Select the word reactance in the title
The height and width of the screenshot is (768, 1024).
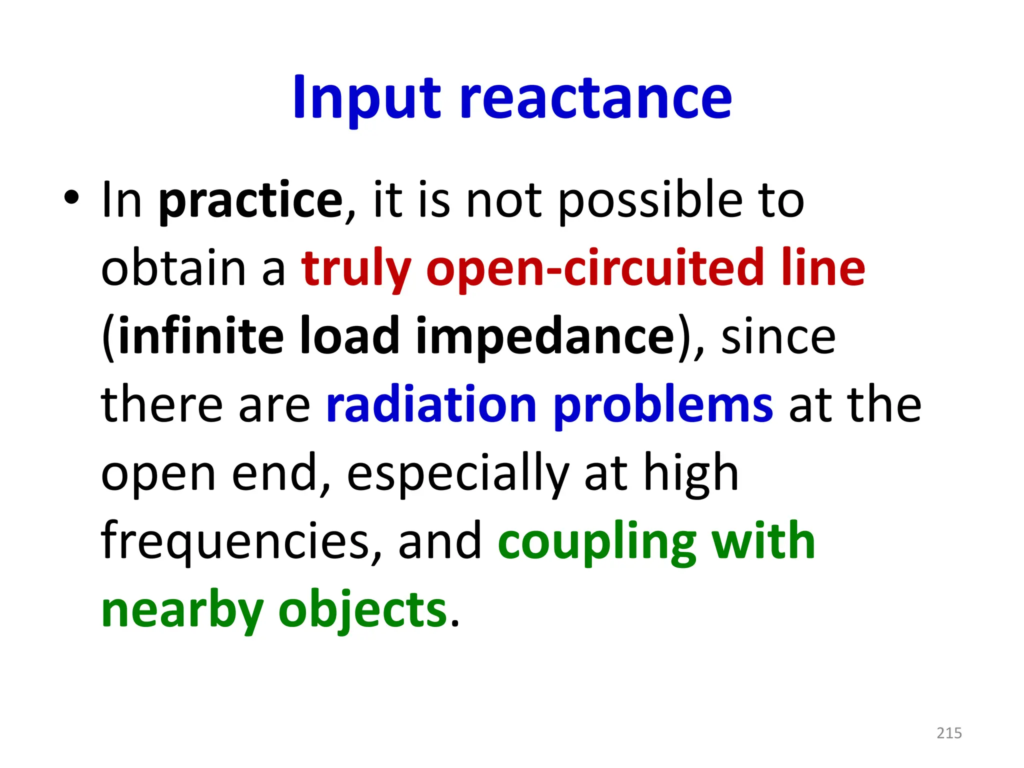pos(595,98)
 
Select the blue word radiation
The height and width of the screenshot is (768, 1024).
pos(431,405)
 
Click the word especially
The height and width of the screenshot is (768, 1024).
pos(457,474)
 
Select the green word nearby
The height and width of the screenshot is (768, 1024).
pos(182,611)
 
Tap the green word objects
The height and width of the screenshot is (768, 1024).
pos(362,611)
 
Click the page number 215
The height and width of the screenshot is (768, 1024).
pos(949,733)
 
